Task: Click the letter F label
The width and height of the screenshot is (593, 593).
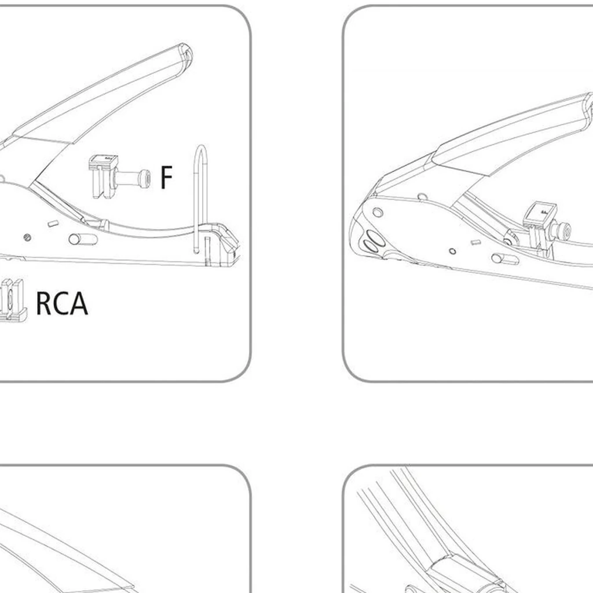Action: coord(166,177)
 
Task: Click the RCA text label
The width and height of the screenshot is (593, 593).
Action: coord(62,303)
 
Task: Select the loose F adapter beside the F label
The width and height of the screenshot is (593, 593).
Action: coord(119,177)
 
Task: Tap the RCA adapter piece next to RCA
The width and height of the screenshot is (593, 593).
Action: coord(13,301)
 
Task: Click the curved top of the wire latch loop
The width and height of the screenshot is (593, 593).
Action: coord(202,148)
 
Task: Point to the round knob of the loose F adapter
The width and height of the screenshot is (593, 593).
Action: coord(144,178)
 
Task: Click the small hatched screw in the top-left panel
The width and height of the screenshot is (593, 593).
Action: coord(27,237)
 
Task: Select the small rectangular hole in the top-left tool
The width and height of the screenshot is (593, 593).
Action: coord(53,224)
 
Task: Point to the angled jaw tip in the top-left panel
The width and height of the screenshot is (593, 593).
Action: coord(229,242)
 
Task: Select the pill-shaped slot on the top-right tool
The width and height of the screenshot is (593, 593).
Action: coord(505,259)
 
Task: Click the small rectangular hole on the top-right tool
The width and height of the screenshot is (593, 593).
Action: coord(477,242)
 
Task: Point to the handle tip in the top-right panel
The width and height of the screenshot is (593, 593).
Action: coord(588,104)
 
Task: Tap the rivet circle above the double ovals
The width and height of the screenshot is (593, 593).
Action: coord(378,213)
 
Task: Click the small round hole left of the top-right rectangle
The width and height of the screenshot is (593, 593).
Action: coord(452,251)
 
